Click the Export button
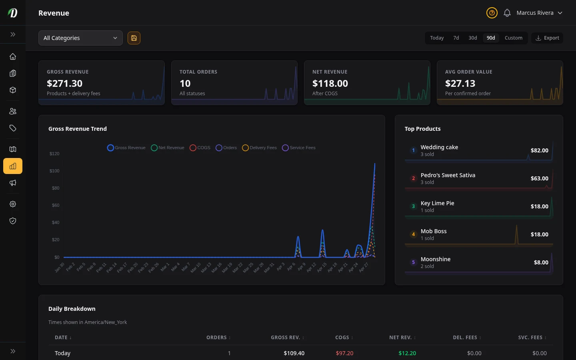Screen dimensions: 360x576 (x=547, y=38)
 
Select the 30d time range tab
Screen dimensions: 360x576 (x=472, y=38)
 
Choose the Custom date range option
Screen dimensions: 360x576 (x=513, y=38)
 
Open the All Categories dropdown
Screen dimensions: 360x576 (x=80, y=38)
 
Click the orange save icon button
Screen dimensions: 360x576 (x=134, y=38)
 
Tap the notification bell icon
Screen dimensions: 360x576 (x=507, y=13)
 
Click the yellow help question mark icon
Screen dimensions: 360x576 (x=492, y=13)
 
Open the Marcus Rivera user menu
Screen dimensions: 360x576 (x=539, y=13)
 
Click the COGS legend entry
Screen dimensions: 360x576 (x=200, y=148)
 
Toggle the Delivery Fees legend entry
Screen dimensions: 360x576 (x=260, y=148)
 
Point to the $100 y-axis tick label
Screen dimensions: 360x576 (x=54, y=171)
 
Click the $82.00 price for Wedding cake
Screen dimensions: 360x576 (x=539, y=150)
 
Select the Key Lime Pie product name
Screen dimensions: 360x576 (x=437, y=203)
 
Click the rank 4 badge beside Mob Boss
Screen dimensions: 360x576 (x=413, y=234)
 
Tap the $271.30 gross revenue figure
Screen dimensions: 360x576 (x=65, y=84)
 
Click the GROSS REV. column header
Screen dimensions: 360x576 (x=286, y=338)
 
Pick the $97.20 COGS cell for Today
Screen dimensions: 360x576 (x=344, y=353)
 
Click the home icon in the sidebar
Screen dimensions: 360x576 (x=13, y=56)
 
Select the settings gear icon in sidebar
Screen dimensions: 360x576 (x=13, y=204)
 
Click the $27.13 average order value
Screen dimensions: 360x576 (x=460, y=84)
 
